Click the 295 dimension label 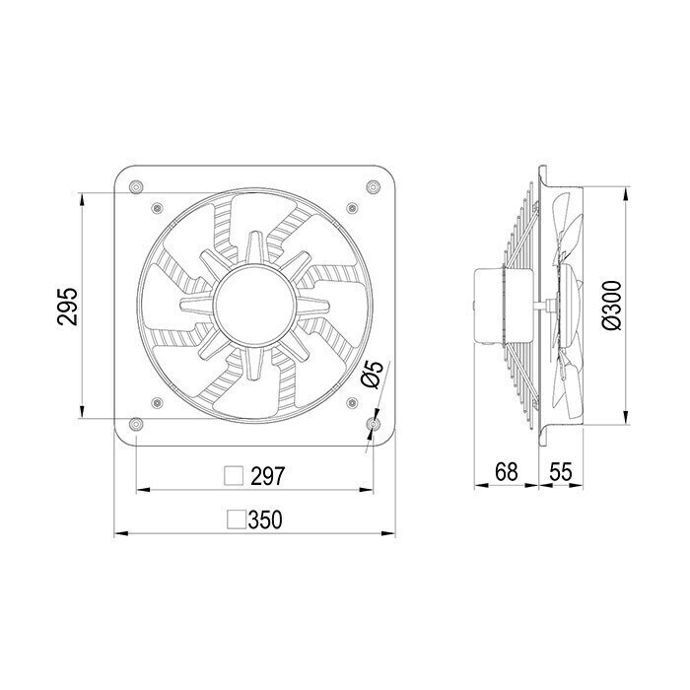[x=67, y=307]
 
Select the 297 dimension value [x=268, y=476]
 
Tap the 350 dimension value [x=265, y=519]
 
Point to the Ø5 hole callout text [x=373, y=375]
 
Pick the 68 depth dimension [x=507, y=472]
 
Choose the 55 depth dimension [x=561, y=472]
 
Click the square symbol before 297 [x=234, y=476]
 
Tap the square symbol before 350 [x=237, y=519]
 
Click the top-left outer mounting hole [x=137, y=187]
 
